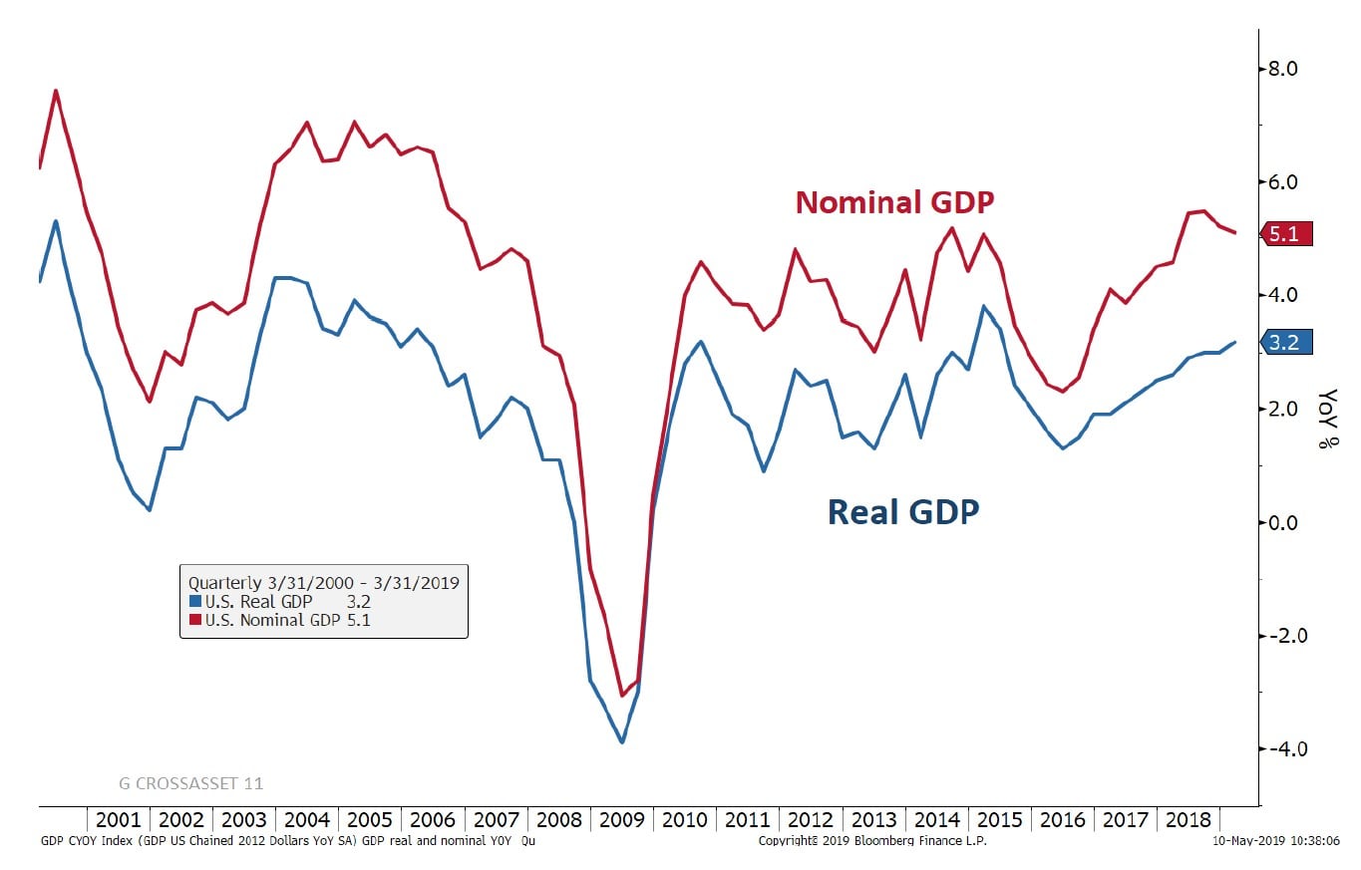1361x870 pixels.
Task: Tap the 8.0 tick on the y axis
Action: (1277, 69)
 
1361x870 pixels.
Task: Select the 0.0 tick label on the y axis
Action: (1277, 522)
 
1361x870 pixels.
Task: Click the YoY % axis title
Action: (1328, 419)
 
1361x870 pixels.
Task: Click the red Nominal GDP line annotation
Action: (894, 202)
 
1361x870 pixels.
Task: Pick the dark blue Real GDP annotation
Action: (903, 511)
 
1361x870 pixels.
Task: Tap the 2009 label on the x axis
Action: (621, 820)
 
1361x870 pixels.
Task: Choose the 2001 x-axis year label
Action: (119, 820)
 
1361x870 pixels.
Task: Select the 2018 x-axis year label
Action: (1188, 820)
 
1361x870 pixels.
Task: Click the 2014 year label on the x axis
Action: (936, 820)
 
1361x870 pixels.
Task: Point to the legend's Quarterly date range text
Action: (323, 582)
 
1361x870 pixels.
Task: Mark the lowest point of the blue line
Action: (622, 741)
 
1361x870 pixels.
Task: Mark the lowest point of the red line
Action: (621, 695)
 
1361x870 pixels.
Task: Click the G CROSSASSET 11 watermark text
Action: (190, 783)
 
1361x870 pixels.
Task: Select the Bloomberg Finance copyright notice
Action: (857, 841)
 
